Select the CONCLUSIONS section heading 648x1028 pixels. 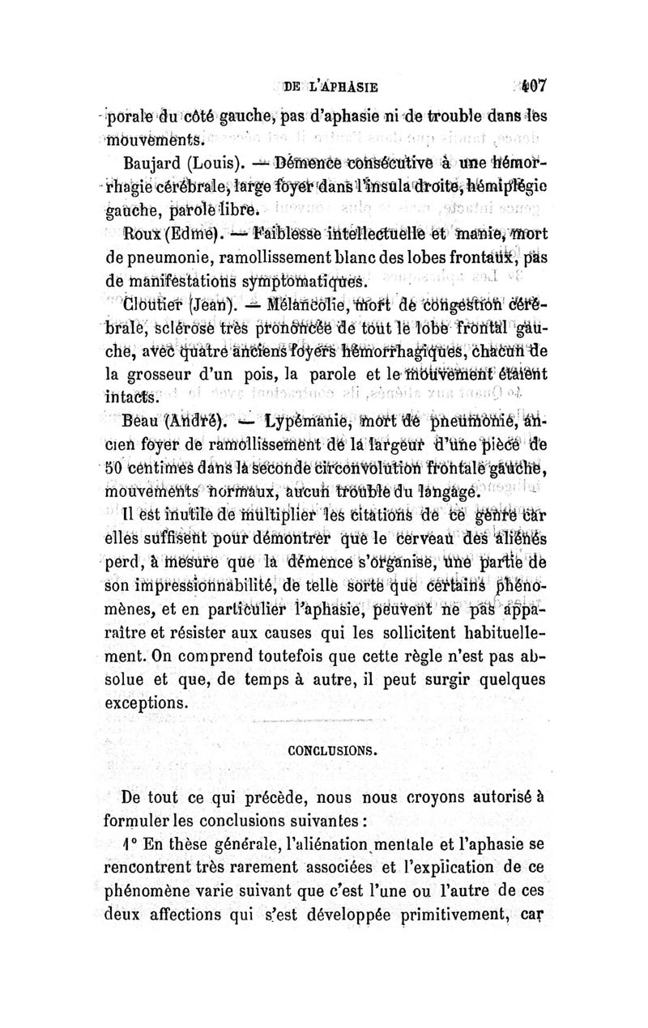335,750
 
